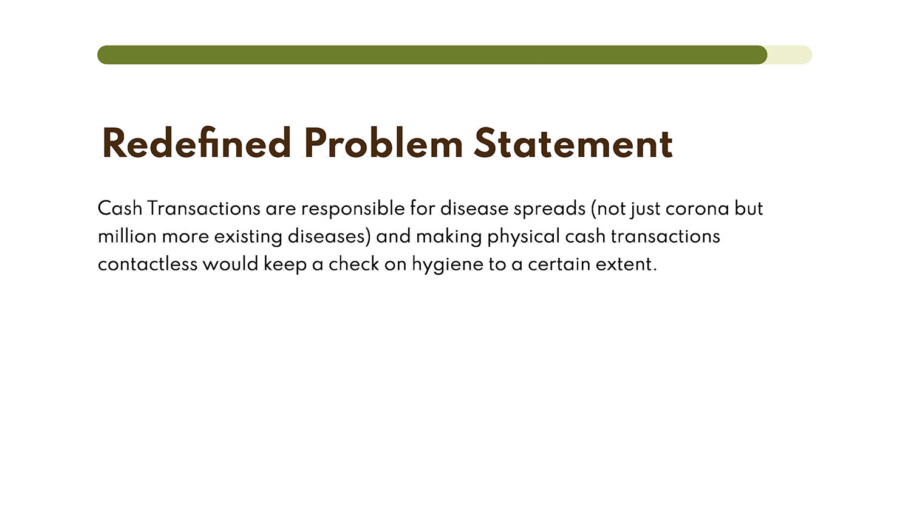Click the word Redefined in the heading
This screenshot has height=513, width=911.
pyautogui.click(x=196, y=143)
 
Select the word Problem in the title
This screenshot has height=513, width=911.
pyautogui.click(x=383, y=143)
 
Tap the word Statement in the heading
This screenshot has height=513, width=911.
pyautogui.click(x=573, y=143)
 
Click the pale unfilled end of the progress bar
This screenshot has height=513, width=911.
pyautogui.click(x=790, y=55)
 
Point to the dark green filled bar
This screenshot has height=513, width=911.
pyautogui.click(x=432, y=55)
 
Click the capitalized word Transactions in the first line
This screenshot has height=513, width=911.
pyautogui.click(x=203, y=208)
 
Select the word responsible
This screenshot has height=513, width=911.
pyautogui.click(x=353, y=209)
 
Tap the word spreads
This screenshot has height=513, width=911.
pyautogui.click(x=550, y=209)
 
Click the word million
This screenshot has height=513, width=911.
pyautogui.click(x=128, y=236)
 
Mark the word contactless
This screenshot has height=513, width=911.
pyautogui.click(x=148, y=264)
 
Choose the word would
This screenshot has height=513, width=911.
pyautogui.click(x=231, y=264)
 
